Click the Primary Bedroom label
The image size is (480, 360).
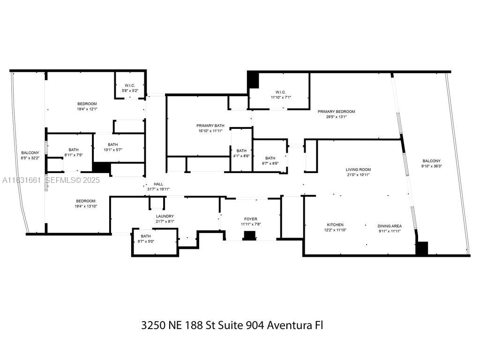click(x=336, y=112)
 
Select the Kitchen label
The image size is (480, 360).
click(x=335, y=225)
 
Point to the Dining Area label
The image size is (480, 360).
click(x=390, y=226)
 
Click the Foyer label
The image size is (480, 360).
click(x=250, y=219)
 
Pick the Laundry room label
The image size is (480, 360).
click(x=165, y=216)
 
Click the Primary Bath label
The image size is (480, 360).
click(x=210, y=126)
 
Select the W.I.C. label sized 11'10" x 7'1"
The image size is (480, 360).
click(x=280, y=92)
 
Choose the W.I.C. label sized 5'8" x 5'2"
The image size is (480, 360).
click(x=130, y=85)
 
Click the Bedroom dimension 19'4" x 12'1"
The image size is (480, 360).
click(x=87, y=109)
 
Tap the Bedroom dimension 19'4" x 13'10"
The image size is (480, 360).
click(x=86, y=206)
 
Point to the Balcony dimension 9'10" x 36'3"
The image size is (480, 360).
click(x=431, y=166)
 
